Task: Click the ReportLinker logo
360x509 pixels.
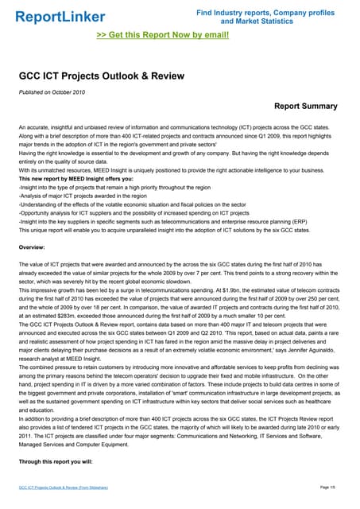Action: tap(60, 17)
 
